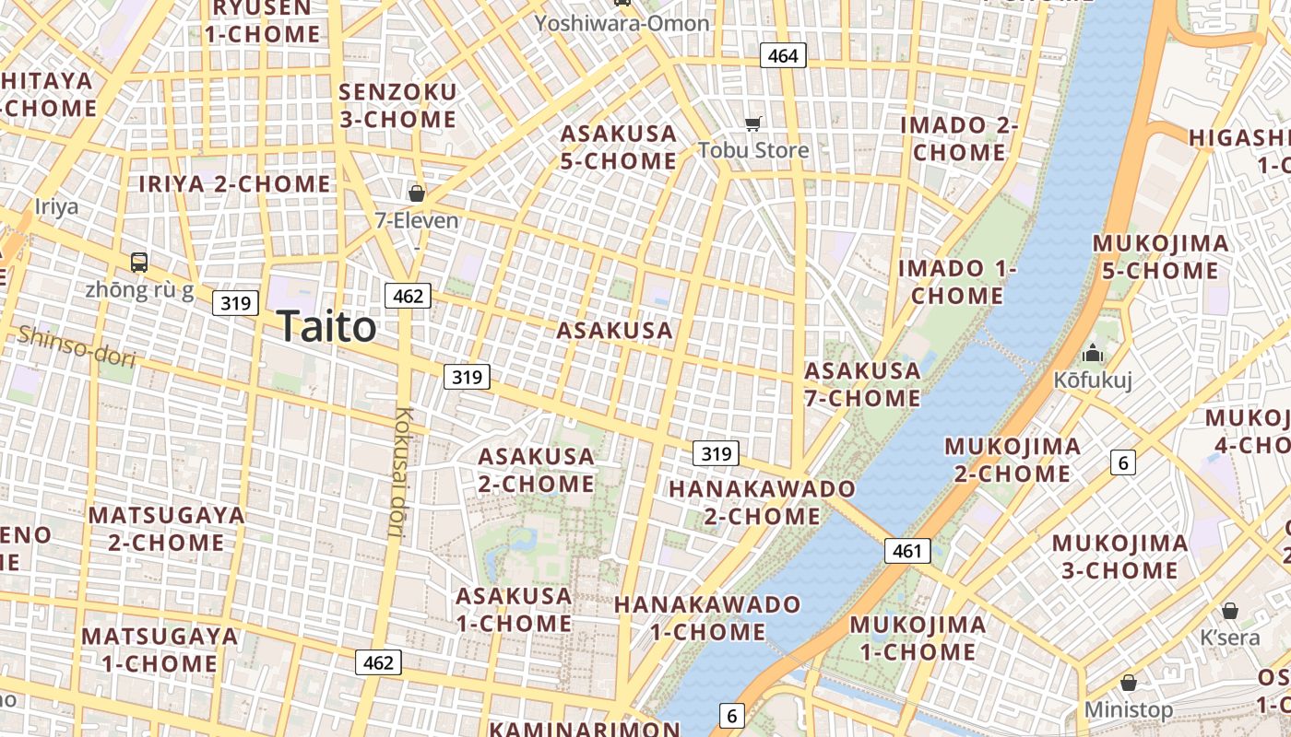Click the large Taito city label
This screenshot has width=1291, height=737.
click(x=326, y=327)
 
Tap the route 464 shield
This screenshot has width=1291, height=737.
click(x=783, y=56)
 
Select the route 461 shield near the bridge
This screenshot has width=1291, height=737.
click(x=907, y=551)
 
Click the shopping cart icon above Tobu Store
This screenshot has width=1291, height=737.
click(x=753, y=123)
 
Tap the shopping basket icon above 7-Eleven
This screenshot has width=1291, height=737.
click(x=417, y=193)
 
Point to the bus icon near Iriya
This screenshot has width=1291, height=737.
click(x=139, y=263)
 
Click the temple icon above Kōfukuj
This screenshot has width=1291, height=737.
click(x=1093, y=353)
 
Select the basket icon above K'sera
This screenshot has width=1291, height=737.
click(x=1229, y=611)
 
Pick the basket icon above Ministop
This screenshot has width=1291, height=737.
click(x=1128, y=684)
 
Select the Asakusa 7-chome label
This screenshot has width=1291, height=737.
click(x=862, y=385)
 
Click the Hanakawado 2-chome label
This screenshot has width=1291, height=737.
click(x=763, y=502)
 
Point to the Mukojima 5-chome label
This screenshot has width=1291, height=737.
click(x=1161, y=257)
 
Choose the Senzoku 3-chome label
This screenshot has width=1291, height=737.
click(x=397, y=106)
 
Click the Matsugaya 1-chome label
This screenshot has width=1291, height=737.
click(x=160, y=649)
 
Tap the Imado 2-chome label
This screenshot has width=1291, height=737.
click(x=959, y=138)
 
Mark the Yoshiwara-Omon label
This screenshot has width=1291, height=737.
click(x=622, y=23)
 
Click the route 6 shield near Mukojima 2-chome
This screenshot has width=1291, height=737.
click(x=1122, y=462)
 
